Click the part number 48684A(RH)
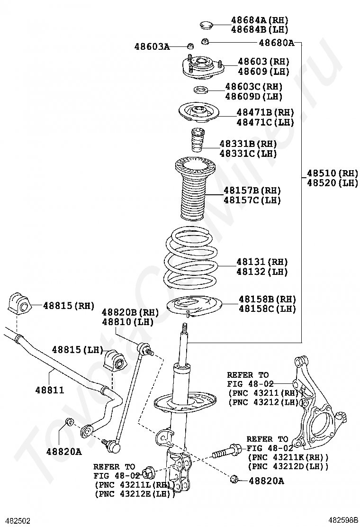tap(259, 20)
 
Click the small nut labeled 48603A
tap(190, 46)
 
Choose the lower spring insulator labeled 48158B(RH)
tap(191, 306)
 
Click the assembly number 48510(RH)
tap(332, 173)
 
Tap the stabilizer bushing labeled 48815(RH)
tap(19, 304)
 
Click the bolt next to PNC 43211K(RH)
tap(226, 451)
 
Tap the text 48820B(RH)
tap(130, 312)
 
